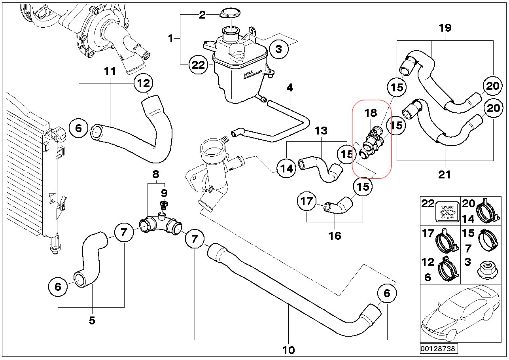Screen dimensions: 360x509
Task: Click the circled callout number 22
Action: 198,64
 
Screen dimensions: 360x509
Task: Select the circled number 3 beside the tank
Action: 279,49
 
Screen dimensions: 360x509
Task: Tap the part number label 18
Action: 371,113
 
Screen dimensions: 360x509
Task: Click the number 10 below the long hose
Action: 289,350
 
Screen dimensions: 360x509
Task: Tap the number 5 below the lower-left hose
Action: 92,320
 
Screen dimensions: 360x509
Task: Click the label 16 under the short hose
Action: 335,236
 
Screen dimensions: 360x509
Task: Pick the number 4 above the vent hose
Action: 290,87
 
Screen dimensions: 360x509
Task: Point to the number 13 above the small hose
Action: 321,131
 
